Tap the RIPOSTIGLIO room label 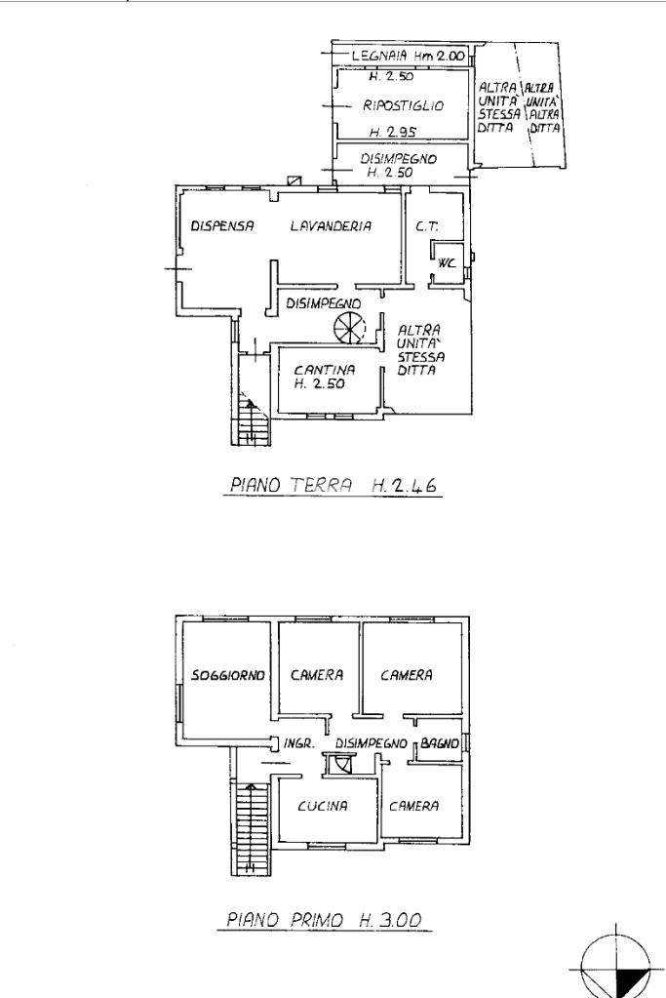pos(404,105)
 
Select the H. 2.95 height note pos(393,133)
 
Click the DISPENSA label pos(222,225)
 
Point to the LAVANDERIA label pos(331,225)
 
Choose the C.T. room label pos(427,226)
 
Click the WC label pos(448,262)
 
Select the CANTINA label pos(325,370)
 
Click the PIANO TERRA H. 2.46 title pos(333,486)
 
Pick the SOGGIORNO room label pos(228,675)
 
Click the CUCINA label pos(323,806)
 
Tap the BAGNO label pos(440,742)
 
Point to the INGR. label pos(299,742)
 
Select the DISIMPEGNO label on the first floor pos(372,742)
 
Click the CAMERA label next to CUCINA pos(414,806)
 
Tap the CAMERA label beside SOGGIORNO pos(317,675)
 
